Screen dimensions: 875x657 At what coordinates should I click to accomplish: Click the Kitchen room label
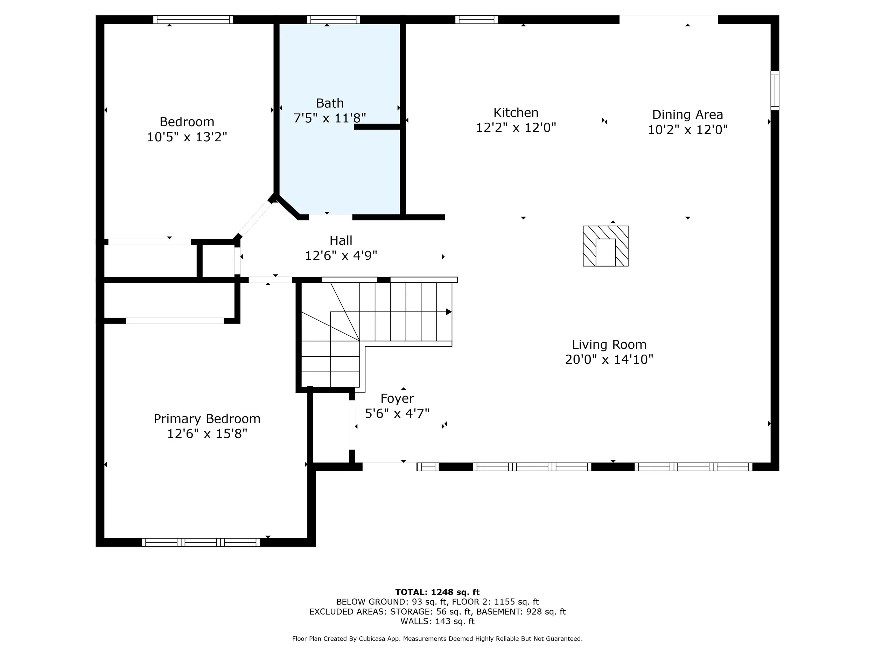pyautogui.click(x=516, y=113)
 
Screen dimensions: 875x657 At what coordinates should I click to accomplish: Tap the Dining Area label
pyautogui.click(x=687, y=115)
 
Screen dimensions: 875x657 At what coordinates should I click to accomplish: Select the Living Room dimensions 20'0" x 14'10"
pyautogui.click(x=609, y=360)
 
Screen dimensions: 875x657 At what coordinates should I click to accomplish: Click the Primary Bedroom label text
pyautogui.click(x=207, y=419)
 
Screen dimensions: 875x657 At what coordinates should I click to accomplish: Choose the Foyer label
pyautogui.click(x=397, y=399)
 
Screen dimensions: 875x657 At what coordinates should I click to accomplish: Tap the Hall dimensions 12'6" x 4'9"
pyautogui.click(x=341, y=256)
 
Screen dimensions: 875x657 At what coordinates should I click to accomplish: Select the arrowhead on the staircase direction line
pyautogui.click(x=449, y=312)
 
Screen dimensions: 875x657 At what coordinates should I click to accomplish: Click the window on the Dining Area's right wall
pyautogui.click(x=775, y=91)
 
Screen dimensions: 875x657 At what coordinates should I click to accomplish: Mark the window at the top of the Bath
pyautogui.click(x=334, y=19)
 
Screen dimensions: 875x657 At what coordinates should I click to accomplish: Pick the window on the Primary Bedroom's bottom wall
pyautogui.click(x=201, y=542)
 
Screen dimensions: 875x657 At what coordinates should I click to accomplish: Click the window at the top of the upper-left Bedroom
pyautogui.click(x=193, y=19)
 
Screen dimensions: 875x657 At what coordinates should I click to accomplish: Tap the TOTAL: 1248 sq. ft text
pyautogui.click(x=437, y=592)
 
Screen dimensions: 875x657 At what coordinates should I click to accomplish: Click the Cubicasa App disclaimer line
pyautogui.click(x=437, y=638)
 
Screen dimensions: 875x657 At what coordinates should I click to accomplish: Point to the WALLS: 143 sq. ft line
pyautogui.click(x=437, y=621)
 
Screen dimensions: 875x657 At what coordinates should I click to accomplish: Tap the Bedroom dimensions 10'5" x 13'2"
pyautogui.click(x=187, y=137)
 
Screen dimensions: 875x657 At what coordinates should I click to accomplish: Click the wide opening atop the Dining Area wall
pyautogui.click(x=668, y=19)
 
